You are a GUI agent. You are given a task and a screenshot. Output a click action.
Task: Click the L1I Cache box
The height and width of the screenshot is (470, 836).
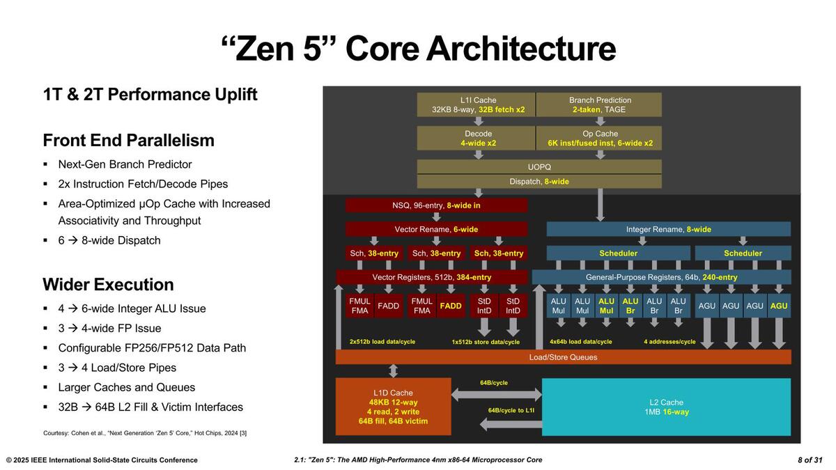tap(477, 104)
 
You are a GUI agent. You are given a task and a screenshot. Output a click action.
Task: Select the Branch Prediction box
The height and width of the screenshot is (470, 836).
tap(599, 104)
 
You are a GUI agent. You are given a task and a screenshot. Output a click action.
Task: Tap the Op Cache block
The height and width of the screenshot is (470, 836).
tap(599, 138)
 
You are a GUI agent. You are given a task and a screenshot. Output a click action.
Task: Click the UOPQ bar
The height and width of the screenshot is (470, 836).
tap(539, 167)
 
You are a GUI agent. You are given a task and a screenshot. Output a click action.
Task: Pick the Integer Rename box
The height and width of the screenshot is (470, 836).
tap(668, 229)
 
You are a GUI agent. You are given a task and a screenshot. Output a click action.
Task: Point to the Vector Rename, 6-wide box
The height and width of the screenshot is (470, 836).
tap(436, 229)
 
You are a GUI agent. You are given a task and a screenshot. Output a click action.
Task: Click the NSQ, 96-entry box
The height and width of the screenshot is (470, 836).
tap(436, 205)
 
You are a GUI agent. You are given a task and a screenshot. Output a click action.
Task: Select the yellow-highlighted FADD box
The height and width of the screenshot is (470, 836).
tap(451, 306)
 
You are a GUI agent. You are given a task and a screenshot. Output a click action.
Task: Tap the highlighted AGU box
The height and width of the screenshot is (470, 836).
tap(779, 306)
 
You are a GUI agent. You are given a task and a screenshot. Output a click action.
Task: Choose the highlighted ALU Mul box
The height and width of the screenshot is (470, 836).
tap(606, 306)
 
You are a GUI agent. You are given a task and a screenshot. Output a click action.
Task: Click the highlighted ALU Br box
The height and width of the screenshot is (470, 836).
tap(630, 306)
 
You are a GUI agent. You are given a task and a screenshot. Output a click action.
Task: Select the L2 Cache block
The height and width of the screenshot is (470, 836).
tap(666, 407)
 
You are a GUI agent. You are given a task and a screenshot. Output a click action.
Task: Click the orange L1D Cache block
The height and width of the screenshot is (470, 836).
tap(393, 407)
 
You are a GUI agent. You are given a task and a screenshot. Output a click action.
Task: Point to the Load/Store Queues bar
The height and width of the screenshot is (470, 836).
tap(563, 357)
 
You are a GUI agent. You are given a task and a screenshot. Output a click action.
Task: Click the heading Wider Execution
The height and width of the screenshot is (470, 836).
tap(108, 284)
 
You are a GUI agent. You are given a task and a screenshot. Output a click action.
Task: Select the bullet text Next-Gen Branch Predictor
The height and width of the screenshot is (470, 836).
tap(125, 164)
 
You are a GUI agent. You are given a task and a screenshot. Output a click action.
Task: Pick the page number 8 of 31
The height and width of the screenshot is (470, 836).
tap(810, 460)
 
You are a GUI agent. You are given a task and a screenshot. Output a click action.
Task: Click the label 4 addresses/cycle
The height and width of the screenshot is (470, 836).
tap(669, 342)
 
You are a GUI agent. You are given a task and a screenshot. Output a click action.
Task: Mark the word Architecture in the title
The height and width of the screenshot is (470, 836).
tap(520, 49)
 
